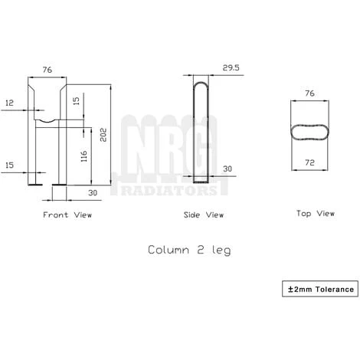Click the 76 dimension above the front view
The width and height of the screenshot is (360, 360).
click(x=47, y=70)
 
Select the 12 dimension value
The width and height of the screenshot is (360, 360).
click(x=8, y=102)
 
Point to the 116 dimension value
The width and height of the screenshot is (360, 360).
click(x=83, y=156)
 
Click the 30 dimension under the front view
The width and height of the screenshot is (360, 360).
click(x=92, y=192)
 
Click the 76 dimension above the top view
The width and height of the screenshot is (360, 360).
click(x=310, y=93)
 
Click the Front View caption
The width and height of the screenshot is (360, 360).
click(x=67, y=215)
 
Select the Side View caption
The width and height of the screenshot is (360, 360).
click(x=204, y=215)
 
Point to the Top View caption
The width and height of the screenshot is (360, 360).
click(x=316, y=213)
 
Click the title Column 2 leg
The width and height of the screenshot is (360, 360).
click(x=188, y=250)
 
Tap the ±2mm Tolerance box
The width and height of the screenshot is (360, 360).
click(x=321, y=289)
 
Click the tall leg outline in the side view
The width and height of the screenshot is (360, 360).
click(x=201, y=130)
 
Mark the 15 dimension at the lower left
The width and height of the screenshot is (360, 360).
click(x=8, y=165)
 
